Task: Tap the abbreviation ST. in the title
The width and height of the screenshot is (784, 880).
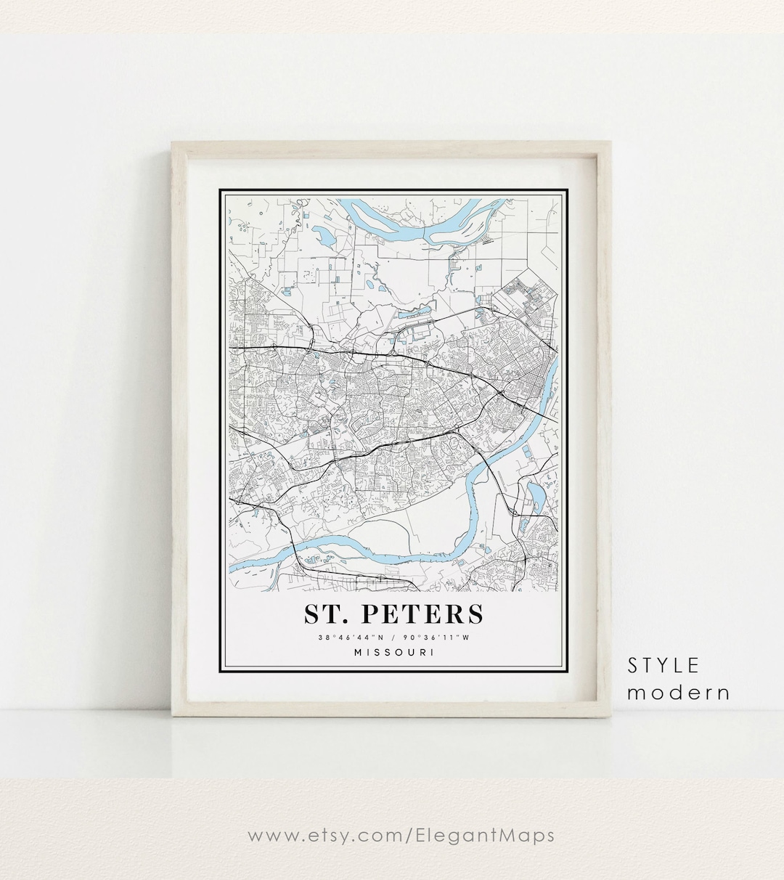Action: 326,614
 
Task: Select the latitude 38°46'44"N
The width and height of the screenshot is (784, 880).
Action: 351,638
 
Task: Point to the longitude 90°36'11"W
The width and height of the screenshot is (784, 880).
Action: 437,638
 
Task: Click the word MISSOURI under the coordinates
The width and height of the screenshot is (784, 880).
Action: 394,652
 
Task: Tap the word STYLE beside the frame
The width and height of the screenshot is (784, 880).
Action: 663,665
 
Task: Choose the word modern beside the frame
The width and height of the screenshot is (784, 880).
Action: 679,693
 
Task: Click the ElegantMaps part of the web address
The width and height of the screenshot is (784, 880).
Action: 486,835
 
